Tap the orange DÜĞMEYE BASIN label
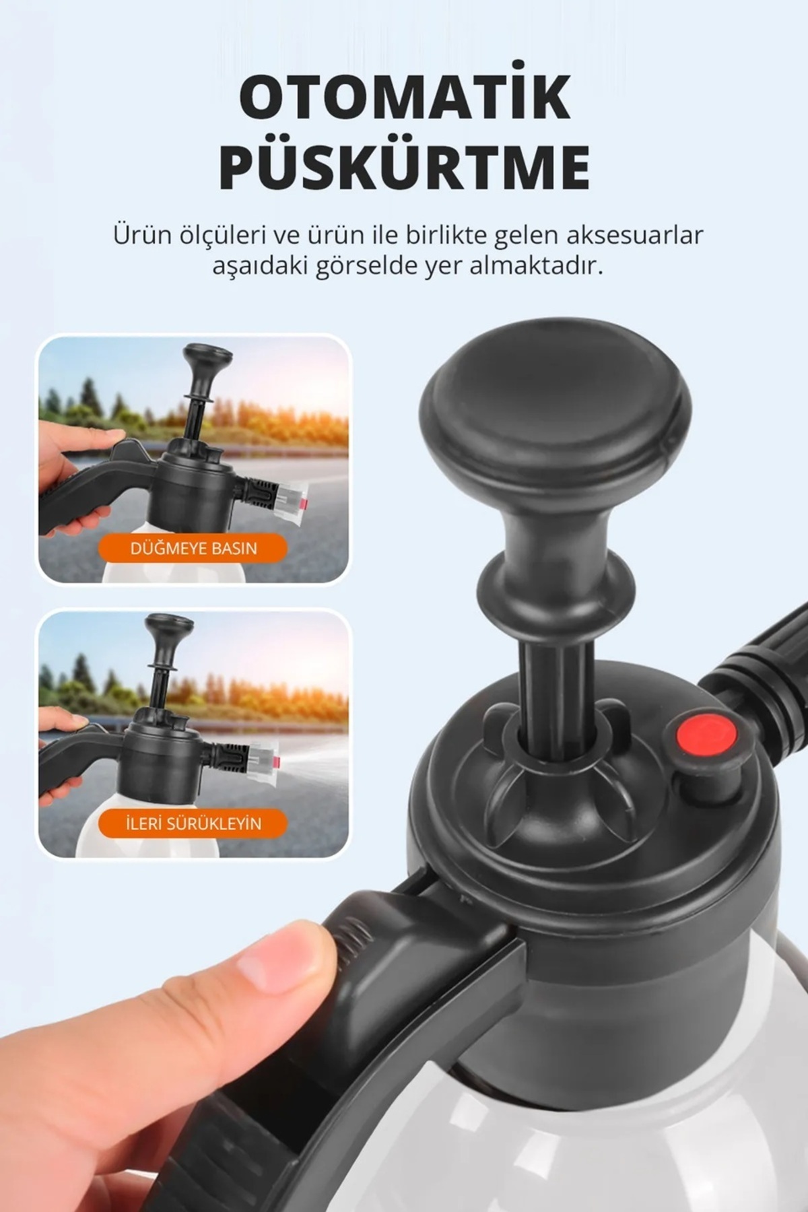coord(193,548)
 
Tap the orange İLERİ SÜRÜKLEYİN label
coord(193,823)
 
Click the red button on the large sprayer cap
coord(706,737)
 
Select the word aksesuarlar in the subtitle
coord(635,235)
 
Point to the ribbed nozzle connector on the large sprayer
coord(761,673)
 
